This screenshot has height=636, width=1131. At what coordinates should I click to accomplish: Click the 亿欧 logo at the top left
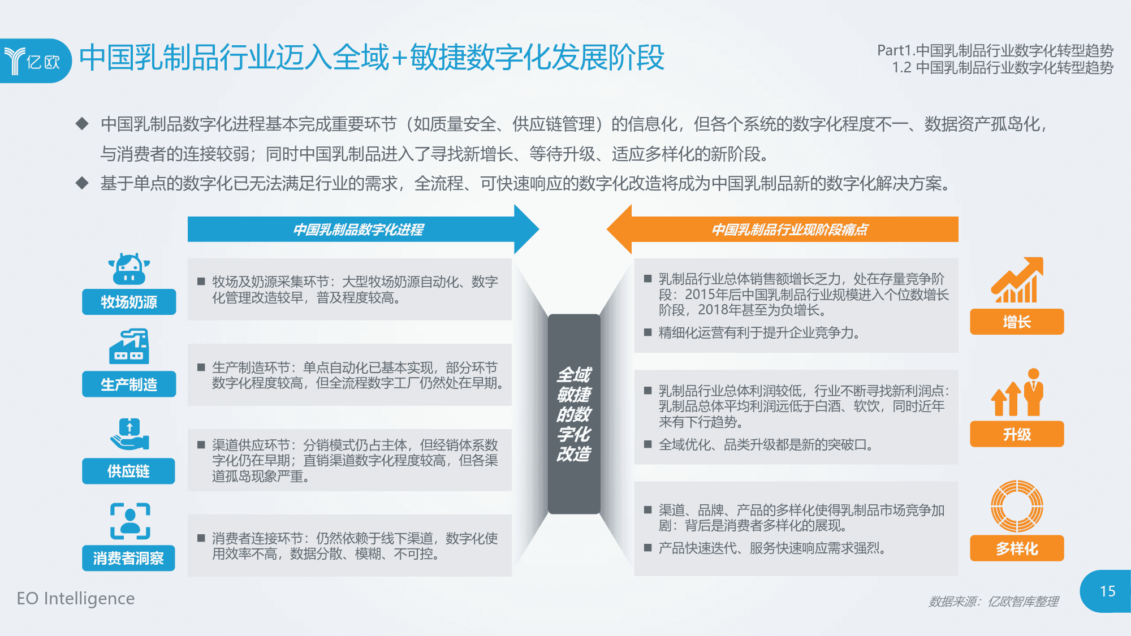[35, 60]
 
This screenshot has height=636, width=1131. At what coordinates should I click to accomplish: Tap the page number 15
[1107, 591]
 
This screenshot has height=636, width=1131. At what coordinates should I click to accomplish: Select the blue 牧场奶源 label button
[129, 302]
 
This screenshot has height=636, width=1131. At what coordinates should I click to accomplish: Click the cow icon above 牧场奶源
[129, 269]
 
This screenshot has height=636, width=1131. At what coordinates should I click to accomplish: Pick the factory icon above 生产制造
[129, 346]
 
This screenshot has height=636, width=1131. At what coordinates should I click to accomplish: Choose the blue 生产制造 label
[129, 384]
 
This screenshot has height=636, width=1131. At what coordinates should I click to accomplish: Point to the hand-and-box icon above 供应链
[129, 434]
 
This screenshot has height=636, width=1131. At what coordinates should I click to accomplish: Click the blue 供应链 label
[128, 471]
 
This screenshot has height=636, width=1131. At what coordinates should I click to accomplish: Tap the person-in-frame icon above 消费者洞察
[130, 521]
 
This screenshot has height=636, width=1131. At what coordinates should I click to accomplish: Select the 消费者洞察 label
[128, 558]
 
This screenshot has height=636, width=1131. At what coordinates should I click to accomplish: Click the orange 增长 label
[1017, 322]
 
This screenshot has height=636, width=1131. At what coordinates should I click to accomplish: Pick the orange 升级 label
[1017, 434]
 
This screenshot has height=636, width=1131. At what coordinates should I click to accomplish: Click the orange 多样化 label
[1017, 548]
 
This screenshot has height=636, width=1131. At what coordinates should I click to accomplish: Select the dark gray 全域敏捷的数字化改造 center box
[574, 414]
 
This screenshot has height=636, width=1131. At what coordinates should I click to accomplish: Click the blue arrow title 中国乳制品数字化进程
[358, 230]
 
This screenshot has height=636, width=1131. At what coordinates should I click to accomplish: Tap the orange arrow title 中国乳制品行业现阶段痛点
[789, 230]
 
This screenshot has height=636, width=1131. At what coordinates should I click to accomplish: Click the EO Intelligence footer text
[76, 598]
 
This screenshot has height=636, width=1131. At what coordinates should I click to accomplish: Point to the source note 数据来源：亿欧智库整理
[994, 602]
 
